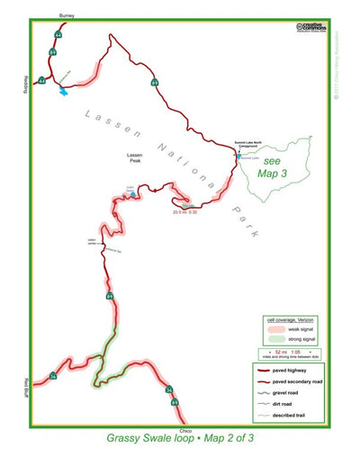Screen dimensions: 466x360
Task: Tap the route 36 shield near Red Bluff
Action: (x=52, y=375)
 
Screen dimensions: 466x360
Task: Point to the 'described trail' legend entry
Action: (x=293, y=413)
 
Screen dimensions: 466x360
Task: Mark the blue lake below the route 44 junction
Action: (x=62, y=91)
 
